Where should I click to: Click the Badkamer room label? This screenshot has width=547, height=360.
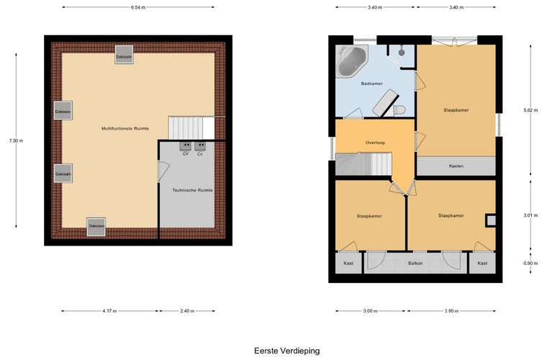click(371, 84)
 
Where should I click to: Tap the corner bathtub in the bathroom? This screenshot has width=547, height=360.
click(351, 60)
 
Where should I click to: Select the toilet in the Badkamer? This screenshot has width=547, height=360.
click(399, 110)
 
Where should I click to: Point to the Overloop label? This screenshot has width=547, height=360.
click(375, 143)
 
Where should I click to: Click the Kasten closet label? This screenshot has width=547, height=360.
click(456, 166)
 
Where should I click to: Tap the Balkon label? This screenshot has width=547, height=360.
click(415, 264)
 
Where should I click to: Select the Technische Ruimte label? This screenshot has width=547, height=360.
click(193, 191)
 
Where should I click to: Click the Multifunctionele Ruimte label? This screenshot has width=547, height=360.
click(125, 129)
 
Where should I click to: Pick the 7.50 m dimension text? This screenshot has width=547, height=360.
click(16, 141)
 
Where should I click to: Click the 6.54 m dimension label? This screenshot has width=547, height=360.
click(138, 7)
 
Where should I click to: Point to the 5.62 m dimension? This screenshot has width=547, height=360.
click(530, 111)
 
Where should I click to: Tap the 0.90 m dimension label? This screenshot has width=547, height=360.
click(530, 264)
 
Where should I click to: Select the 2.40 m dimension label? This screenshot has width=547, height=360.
click(187, 311)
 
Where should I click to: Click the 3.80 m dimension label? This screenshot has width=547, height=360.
click(451, 311)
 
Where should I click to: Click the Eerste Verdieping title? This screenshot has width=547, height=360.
click(286, 351)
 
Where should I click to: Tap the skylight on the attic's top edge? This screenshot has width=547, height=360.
click(125, 55)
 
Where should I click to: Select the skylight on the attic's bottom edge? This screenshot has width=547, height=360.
click(96, 227)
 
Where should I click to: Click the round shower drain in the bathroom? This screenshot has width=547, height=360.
click(402, 53)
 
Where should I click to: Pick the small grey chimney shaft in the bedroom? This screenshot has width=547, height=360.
click(491, 220)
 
